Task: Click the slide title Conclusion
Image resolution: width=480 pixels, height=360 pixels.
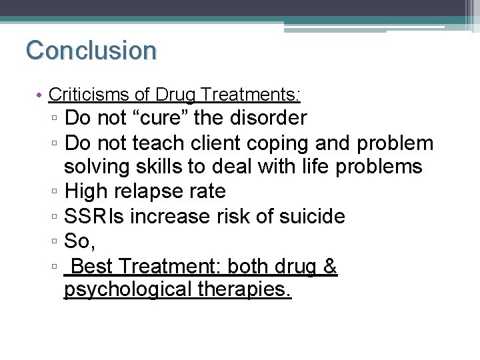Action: (x=91, y=50)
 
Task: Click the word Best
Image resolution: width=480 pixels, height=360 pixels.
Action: (x=93, y=267)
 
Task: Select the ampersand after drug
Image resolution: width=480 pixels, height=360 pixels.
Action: (x=331, y=267)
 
